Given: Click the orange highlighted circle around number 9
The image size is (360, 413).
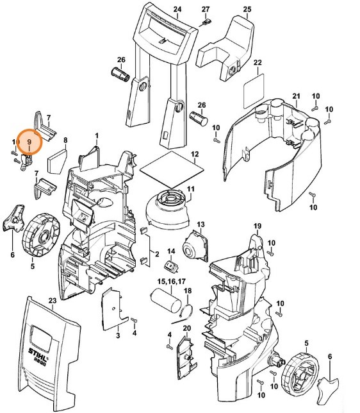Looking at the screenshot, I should (x=29, y=140).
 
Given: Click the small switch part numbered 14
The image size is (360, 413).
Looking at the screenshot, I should (x=171, y=266).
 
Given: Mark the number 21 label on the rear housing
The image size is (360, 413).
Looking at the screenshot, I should (x=296, y=96).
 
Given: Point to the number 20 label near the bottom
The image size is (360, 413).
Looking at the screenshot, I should (x=187, y=328).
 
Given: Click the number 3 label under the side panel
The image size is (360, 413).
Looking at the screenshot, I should (x=118, y=335).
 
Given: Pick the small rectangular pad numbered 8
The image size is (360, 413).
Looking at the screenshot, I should (x=57, y=156).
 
